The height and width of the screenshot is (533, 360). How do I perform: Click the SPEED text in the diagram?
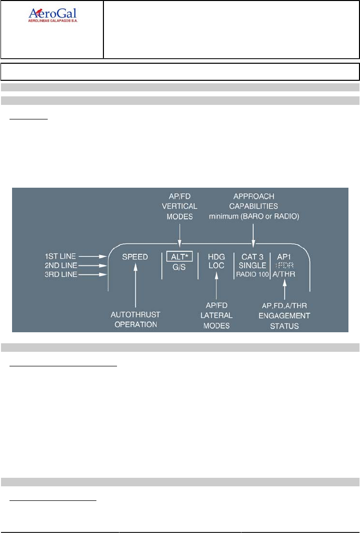point(135,257)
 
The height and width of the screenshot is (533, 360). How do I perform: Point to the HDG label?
point(217,256)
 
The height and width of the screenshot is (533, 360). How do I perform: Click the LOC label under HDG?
point(217,265)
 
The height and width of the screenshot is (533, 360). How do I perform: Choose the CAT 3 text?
point(253,256)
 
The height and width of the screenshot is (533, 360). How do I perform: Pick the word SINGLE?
point(253,265)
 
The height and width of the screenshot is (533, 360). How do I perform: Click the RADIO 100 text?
point(253,275)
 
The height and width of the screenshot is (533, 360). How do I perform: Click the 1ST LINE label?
point(60,256)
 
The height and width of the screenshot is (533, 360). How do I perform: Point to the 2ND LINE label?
point(60,265)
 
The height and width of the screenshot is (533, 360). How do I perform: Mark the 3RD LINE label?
point(60,275)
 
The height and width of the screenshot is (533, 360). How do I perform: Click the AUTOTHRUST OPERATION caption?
point(136,319)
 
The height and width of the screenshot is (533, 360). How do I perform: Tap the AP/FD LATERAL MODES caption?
point(216,315)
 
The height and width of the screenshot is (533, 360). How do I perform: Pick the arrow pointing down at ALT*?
point(180,236)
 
